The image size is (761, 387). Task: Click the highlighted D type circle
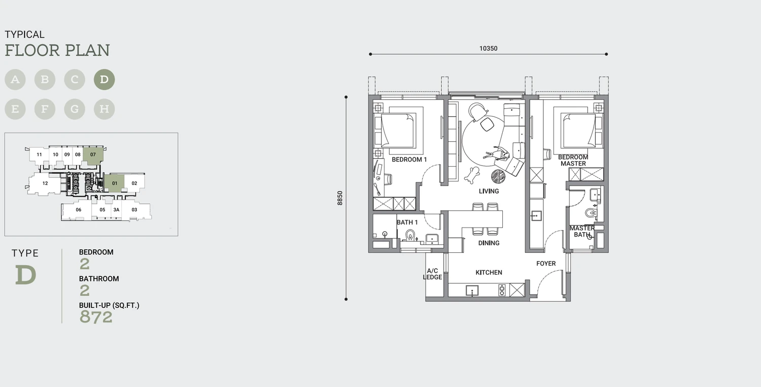pyautogui.click(x=105, y=80)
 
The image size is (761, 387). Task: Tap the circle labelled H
pyautogui.click(x=105, y=109)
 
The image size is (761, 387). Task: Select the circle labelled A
pyautogui.click(x=15, y=80)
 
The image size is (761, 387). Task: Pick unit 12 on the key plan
pyautogui.click(x=45, y=183)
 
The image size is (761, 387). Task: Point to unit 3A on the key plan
pyautogui.click(x=117, y=210)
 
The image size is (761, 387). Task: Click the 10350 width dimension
pyautogui.click(x=488, y=49)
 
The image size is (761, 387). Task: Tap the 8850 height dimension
pyautogui.click(x=340, y=198)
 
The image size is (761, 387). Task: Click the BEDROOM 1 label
pyautogui.click(x=409, y=159)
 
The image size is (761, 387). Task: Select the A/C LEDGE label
pyautogui.click(x=432, y=274)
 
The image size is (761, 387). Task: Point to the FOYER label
pyautogui.click(x=546, y=264)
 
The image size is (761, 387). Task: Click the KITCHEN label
pyautogui.click(x=489, y=272)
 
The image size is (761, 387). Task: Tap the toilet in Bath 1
pyautogui.click(x=410, y=235)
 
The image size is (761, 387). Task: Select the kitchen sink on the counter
pyautogui.click(x=472, y=291)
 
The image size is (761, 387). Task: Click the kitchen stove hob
pyautogui.click(x=502, y=290)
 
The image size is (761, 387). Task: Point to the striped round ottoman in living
pyautogui.click(x=498, y=176)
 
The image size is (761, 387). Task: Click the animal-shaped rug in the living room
pyautogui.click(x=472, y=175)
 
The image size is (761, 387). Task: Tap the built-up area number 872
pyautogui.click(x=96, y=317)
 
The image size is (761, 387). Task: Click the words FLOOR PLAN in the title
pyautogui.click(x=57, y=50)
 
